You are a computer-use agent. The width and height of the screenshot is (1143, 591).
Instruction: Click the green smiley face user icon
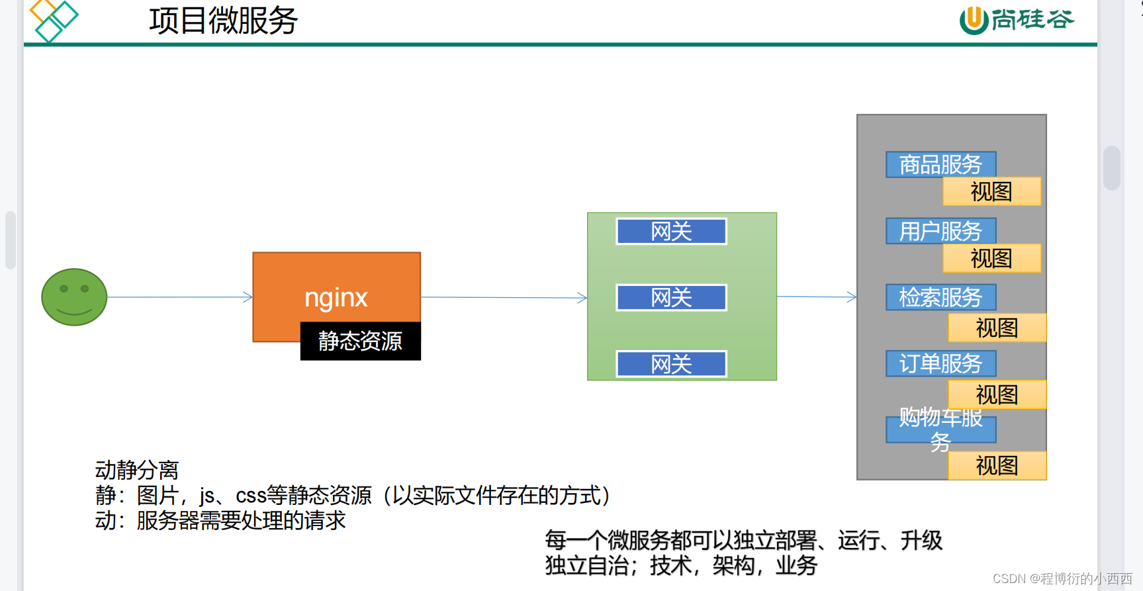click(x=74, y=297)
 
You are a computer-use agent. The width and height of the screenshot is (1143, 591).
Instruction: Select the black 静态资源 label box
click(x=360, y=341)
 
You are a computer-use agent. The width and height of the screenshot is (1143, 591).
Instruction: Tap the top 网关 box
click(x=671, y=232)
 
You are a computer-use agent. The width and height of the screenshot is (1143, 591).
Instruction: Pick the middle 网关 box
click(x=671, y=298)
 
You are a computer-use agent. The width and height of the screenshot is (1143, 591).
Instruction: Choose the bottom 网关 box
click(x=671, y=364)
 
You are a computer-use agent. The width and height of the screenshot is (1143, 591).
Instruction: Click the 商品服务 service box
click(x=940, y=165)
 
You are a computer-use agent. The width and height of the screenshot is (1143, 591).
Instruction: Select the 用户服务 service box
click(x=940, y=231)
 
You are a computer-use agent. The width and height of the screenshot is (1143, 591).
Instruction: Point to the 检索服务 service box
click(x=940, y=297)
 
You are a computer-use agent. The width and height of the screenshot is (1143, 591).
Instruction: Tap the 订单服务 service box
click(x=940, y=363)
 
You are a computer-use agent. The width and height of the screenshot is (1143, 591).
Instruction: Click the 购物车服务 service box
click(x=940, y=430)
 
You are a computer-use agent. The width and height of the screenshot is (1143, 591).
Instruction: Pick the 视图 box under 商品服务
click(x=991, y=192)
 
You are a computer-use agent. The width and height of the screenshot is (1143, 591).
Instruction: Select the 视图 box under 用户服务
click(x=991, y=258)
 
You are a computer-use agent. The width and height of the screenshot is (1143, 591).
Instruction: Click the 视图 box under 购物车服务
click(x=997, y=466)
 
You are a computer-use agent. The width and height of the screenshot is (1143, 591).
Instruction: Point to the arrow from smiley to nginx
click(x=179, y=297)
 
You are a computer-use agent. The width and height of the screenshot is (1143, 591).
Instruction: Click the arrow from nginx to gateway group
click(x=504, y=298)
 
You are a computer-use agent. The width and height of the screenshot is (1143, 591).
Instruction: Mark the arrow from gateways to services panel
click(x=817, y=297)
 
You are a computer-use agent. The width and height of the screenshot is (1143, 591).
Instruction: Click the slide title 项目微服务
click(x=223, y=21)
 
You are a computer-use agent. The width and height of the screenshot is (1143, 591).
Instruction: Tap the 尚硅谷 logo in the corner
click(x=1017, y=20)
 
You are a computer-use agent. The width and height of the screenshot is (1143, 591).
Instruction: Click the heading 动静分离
click(x=137, y=470)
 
